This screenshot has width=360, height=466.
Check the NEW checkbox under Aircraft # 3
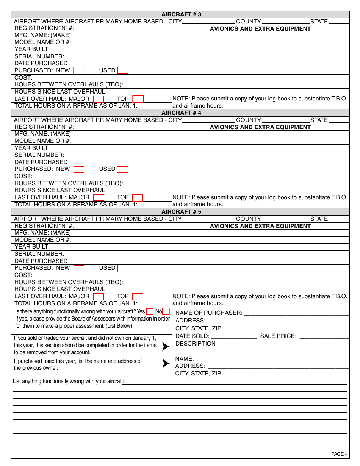click(79, 70)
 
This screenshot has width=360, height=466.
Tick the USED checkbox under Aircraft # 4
click(123, 169)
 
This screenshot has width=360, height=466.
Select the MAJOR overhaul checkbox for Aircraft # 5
click(99, 296)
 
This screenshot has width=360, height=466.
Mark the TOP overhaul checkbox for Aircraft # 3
click(138, 99)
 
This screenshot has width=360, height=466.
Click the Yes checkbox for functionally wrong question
click(150, 312)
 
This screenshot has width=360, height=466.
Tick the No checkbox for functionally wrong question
click(166, 312)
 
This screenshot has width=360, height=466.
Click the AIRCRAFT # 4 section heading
click(181, 113)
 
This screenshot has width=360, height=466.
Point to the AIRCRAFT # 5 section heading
click(181, 212)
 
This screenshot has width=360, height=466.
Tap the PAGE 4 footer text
click(339, 454)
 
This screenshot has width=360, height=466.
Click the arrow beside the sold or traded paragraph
click(166, 346)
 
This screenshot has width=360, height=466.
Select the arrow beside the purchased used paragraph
click(166, 363)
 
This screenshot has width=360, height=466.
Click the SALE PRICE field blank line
click(324, 336)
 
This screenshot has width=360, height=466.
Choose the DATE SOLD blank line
click(234, 336)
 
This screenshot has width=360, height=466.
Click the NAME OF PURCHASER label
click(209, 313)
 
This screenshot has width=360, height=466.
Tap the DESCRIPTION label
click(196, 344)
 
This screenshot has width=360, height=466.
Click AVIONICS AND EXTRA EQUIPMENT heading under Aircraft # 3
click(260, 29)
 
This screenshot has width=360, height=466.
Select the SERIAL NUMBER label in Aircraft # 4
click(39, 155)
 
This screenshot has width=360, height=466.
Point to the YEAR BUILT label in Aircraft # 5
click(32, 247)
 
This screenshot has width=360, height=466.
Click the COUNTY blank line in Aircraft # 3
click(286, 22)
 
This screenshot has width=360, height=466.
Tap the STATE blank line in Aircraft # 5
click(339, 220)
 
